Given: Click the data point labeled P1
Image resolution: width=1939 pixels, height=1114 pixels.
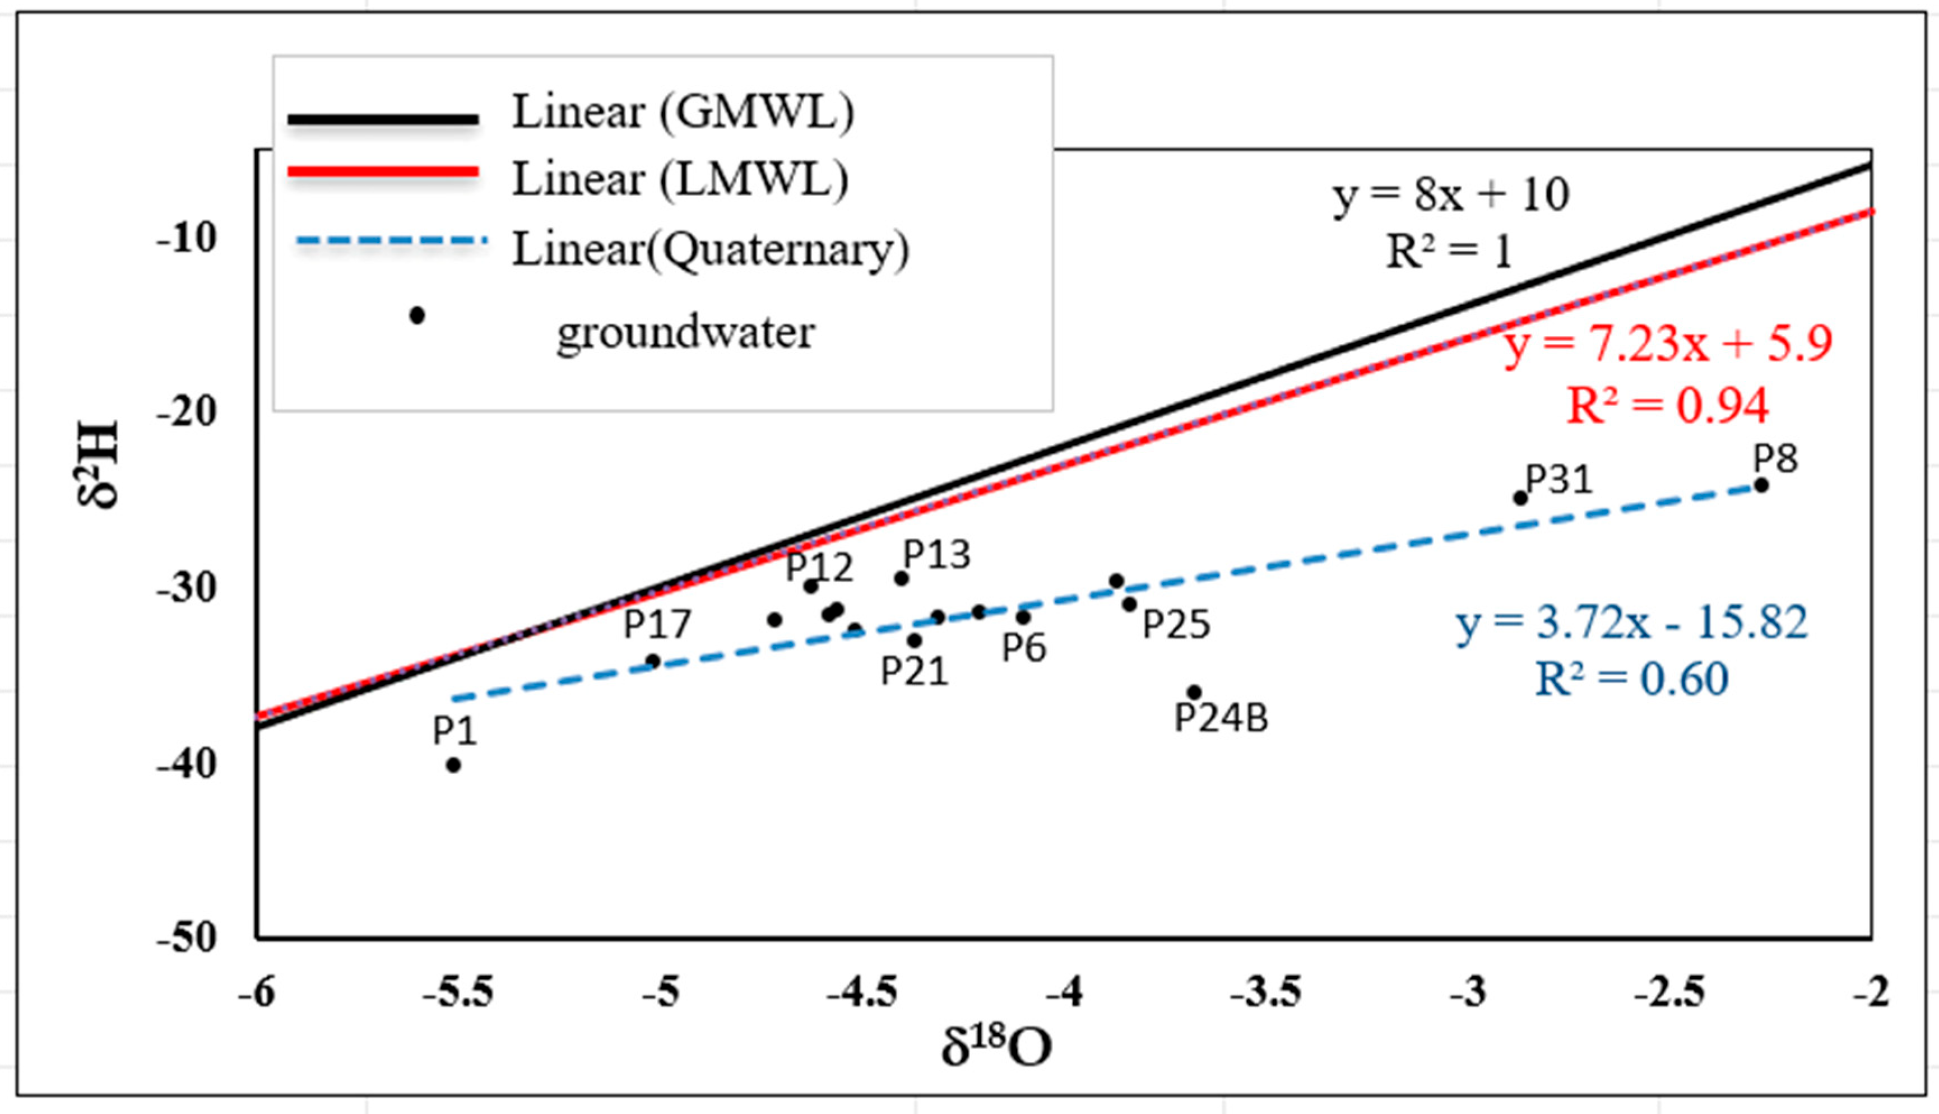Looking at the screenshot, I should point(453,765).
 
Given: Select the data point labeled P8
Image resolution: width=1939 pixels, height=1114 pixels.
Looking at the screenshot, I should point(1761,485).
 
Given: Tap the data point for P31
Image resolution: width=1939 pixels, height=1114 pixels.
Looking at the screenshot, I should point(1520,498).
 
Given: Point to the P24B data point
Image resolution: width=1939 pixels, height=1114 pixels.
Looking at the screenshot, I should point(1194,693).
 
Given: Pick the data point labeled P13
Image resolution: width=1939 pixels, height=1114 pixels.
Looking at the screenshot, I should point(901,578).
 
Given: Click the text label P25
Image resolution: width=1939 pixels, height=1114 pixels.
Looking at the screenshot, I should point(1176,625).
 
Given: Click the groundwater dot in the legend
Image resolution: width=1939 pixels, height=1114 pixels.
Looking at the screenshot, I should point(417,315).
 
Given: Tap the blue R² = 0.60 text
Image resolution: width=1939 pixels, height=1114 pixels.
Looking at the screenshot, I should point(1631,679).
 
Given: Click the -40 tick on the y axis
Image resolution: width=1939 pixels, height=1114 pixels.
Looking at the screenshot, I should point(187,764).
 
